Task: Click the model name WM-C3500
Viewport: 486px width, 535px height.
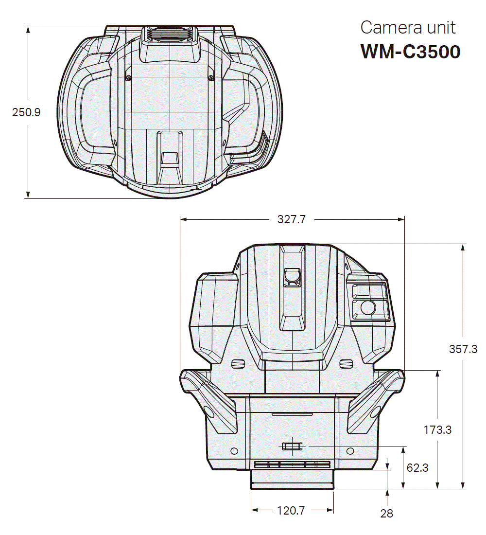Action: point(410,51)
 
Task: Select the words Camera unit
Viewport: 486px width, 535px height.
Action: point(408,27)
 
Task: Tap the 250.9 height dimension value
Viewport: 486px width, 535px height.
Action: point(26,112)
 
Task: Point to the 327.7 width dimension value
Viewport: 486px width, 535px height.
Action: point(292,219)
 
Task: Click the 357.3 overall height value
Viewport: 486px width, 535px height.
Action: point(463,349)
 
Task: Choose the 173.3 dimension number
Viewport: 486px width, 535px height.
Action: point(437,430)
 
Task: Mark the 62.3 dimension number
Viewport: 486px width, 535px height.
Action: point(417,468)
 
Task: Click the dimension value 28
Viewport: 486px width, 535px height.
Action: point(387,513)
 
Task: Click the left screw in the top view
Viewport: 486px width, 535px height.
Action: point(128,77)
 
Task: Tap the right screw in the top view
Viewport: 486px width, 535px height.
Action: point(211,77)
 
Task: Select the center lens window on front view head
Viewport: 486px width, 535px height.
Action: point(292,275)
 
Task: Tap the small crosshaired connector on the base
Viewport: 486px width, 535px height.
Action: point(292,446)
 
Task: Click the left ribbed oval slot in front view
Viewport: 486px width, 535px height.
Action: point(238,363)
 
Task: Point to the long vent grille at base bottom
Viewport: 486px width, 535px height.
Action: point(292,465)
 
